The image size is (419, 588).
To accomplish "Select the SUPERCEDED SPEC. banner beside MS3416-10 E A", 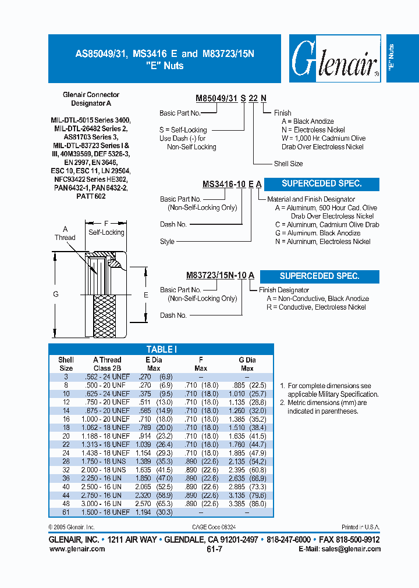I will coord(321,184).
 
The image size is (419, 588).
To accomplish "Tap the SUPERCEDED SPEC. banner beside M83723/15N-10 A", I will coord(319,276).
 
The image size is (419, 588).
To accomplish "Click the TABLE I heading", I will coord(161,349).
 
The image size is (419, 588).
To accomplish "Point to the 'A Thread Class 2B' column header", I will coord(107,364).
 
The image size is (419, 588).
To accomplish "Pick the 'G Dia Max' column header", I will coord(247,364).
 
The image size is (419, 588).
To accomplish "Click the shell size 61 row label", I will coord(66,512).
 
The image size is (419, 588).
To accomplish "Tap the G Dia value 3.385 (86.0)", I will coord(247,504).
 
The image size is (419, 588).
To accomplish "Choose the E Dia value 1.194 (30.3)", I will coord(153,512).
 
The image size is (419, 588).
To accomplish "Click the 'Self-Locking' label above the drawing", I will coord(106,232).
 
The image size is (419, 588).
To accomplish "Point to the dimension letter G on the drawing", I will coord(56,295).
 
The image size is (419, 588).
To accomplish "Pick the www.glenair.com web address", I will coord(76,549).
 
